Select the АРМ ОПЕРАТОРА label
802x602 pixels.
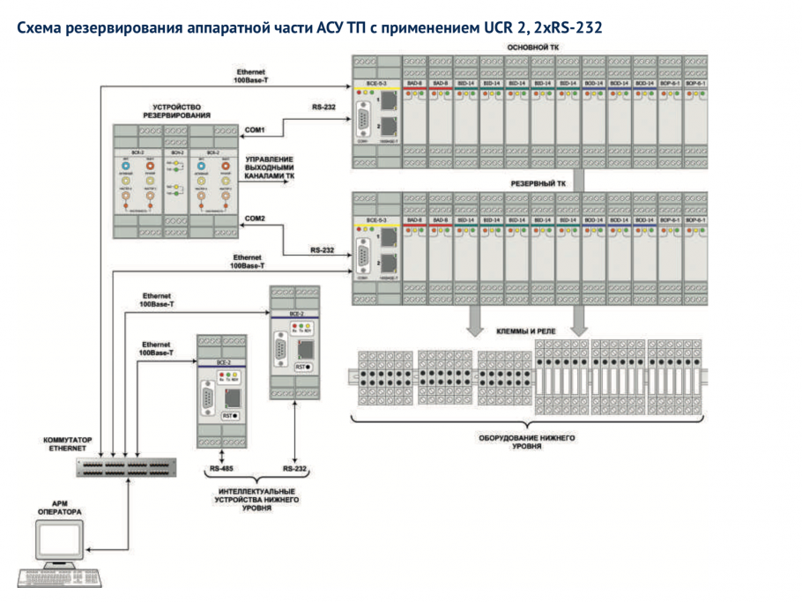click(x=59, y=508)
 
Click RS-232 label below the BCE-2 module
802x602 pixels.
click(x=295, y=470)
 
